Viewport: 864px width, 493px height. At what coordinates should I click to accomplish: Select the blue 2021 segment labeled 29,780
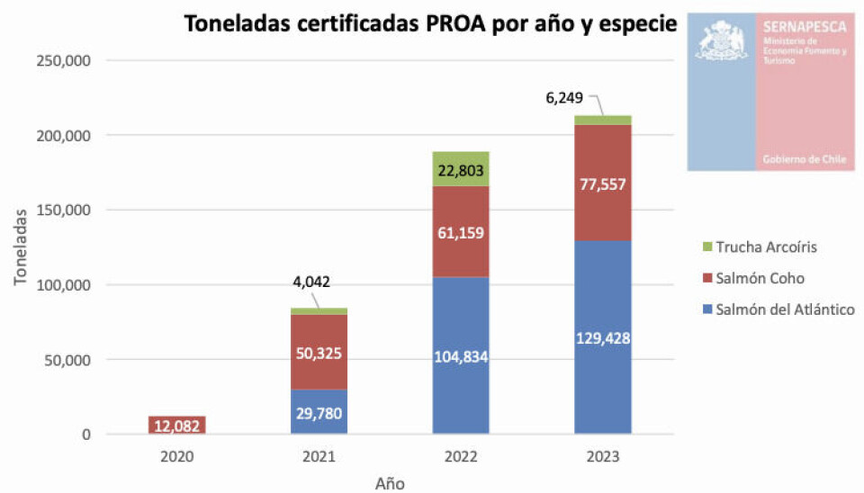tap(319, 412)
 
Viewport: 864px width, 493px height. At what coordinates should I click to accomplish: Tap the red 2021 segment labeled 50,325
tap(319, 352)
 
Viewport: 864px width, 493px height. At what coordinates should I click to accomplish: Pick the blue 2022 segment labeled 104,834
tap(460, 355)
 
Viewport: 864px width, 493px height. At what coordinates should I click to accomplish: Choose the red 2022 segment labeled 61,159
tap(460, 231)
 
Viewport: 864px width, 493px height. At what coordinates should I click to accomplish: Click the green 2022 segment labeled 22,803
tap(460, 169)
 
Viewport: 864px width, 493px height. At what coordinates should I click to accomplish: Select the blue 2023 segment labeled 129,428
tap(602, 337)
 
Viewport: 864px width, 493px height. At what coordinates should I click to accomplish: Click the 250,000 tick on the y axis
tap(62, 60)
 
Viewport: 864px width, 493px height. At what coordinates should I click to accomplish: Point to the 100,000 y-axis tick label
tap(62, 285)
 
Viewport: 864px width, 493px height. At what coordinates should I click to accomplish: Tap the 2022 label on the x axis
tap(460, 456)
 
